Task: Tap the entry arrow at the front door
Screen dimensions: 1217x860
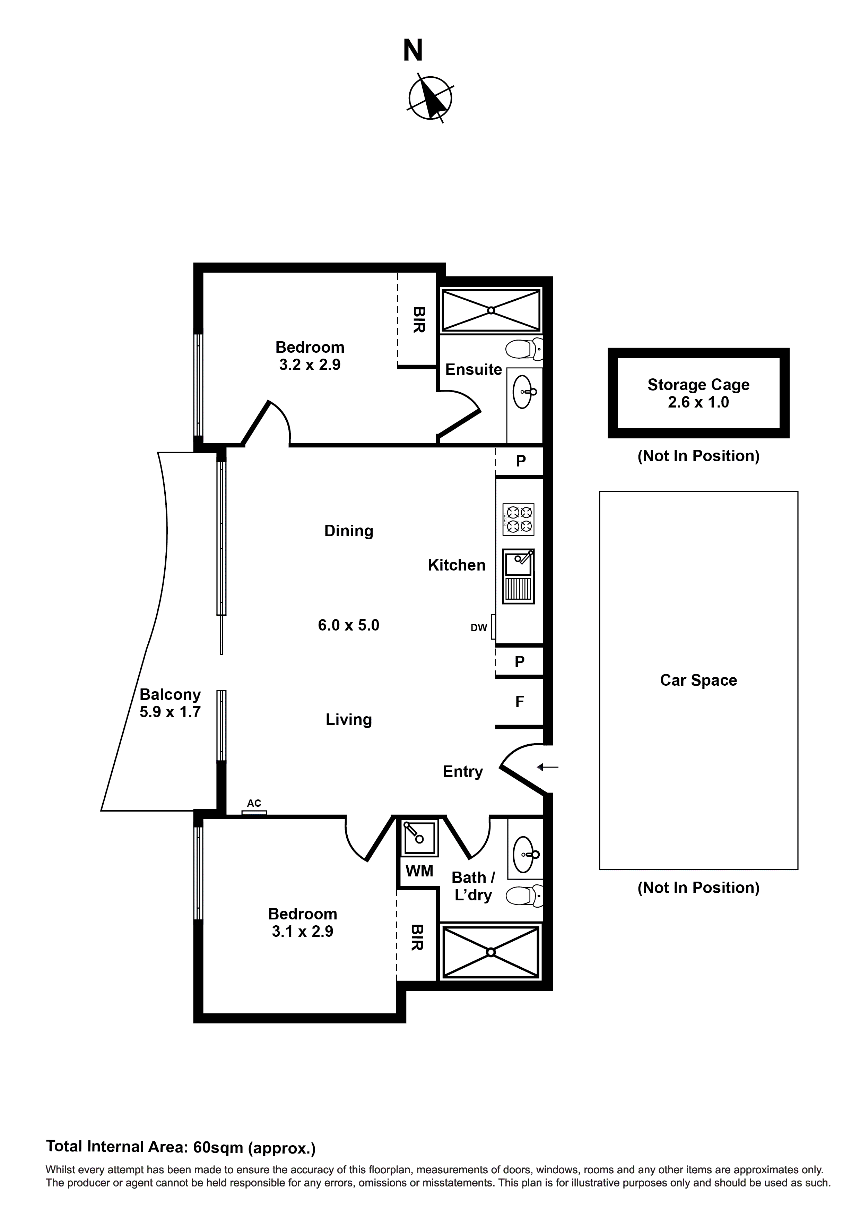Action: pyautogui.click(x=547, y=767)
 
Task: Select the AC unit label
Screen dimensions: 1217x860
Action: pyautogui.click(x=254, y=804)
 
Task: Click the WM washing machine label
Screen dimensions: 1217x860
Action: pyautogui.click(x=419, y=871)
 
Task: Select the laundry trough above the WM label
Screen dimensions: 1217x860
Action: pyautogui.click(x=419, y=838)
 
